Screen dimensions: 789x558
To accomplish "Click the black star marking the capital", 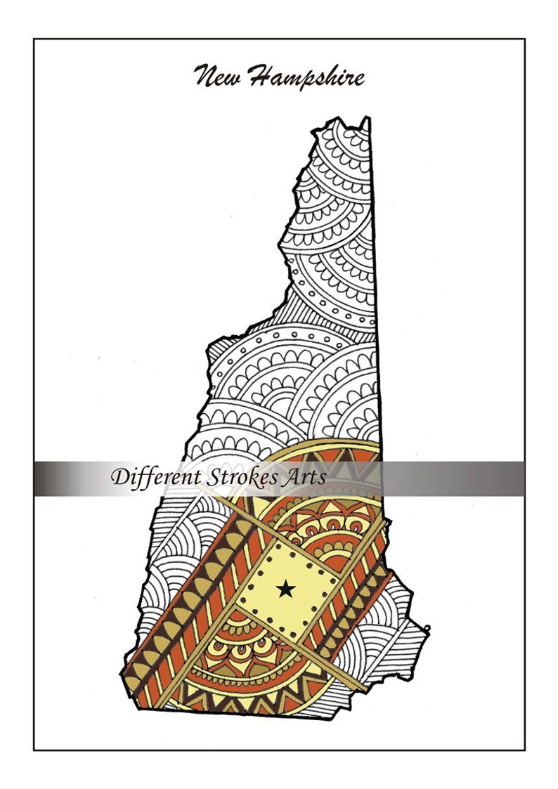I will tap(285, 588).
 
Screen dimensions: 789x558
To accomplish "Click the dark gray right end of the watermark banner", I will tap(510, 478).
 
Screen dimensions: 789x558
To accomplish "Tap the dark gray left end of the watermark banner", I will tap(49, 478).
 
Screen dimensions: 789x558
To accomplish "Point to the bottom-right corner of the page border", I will tap(524, 750).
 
